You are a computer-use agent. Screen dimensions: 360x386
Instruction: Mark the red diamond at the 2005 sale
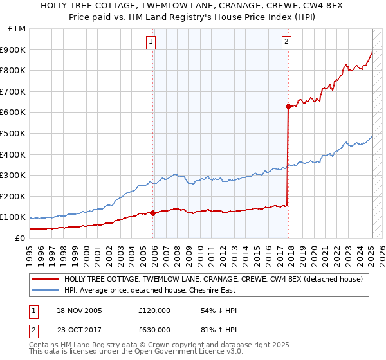pos(152,213)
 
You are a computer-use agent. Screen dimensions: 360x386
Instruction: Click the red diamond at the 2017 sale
pos(289,107)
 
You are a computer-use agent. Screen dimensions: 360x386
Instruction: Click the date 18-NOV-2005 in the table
pos(79,310)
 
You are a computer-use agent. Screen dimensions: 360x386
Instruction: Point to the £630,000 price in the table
pos(154,329)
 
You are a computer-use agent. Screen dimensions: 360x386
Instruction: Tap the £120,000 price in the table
pos(154,310)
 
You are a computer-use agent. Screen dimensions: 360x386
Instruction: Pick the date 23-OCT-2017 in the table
pos(79,329)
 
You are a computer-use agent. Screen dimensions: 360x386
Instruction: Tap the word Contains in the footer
pos(46,345)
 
